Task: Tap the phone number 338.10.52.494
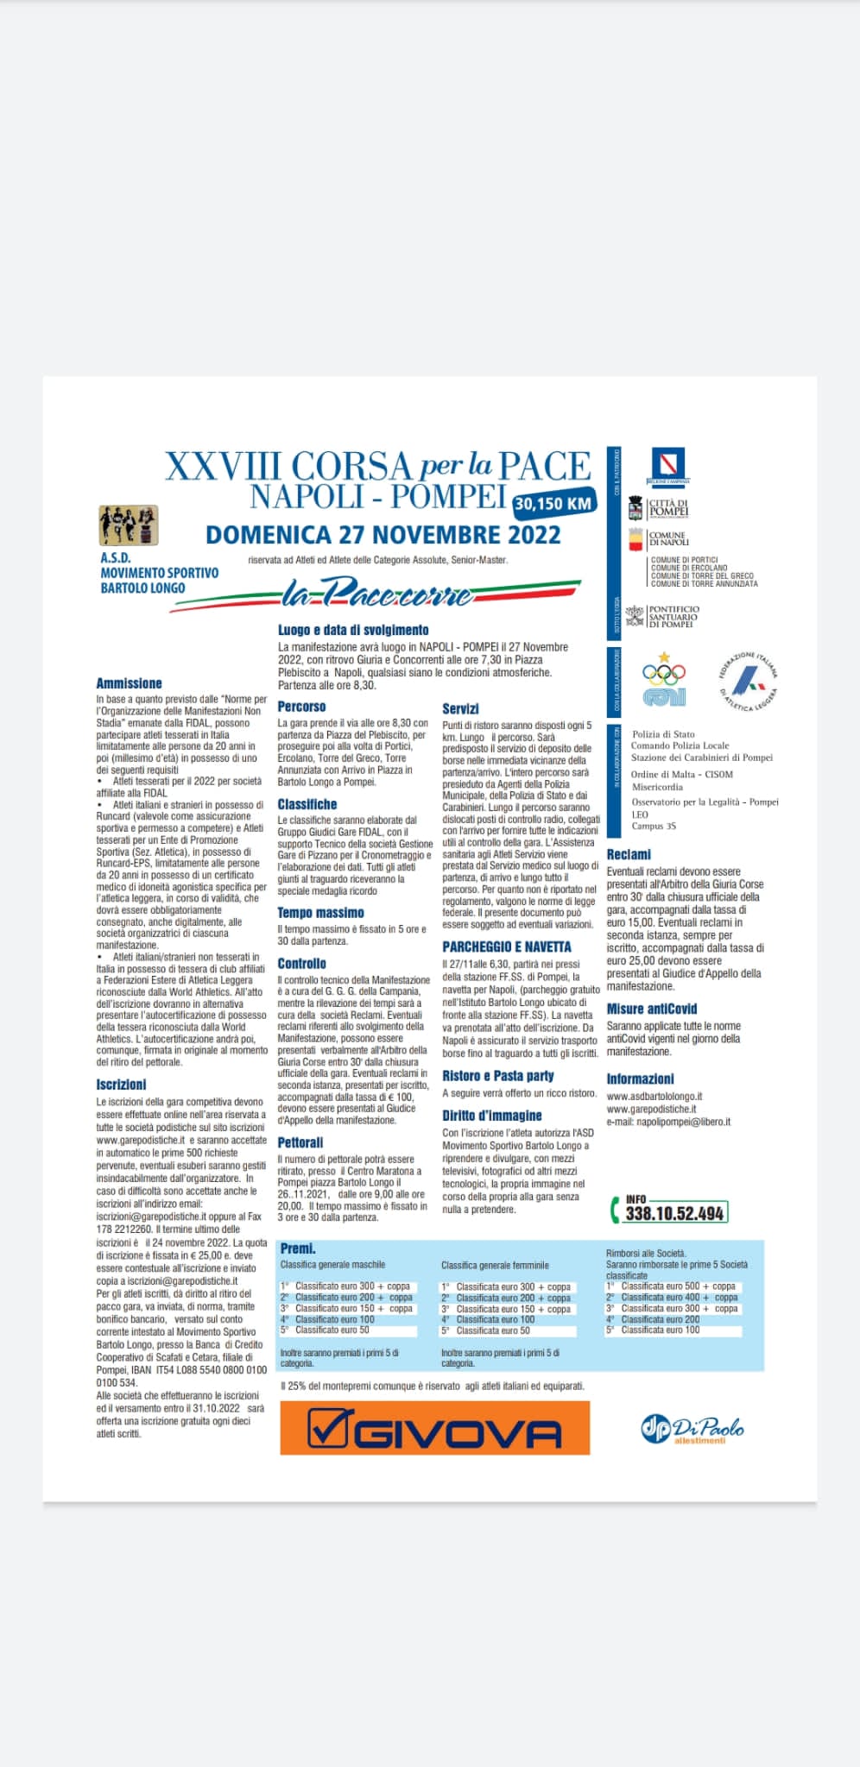pos(674,1212)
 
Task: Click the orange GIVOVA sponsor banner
pos(434,1427)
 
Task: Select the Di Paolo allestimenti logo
pos(692,1429)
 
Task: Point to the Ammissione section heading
pos(129,683)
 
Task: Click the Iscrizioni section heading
pos(121,1085)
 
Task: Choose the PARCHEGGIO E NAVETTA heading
pos(507,946)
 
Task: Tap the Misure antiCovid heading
pos(651,1009)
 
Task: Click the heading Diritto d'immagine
pos(492,1116)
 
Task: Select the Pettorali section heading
pos(300,1142)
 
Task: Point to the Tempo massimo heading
pos(320,913)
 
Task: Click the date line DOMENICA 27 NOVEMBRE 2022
pos(383,535)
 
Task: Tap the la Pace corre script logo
pos(377,594)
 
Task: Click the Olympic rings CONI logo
pos(664,682)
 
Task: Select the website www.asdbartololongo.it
pos(654,1096)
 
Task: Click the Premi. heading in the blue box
pos(298,1248)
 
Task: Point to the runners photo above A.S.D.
pos(129,525)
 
